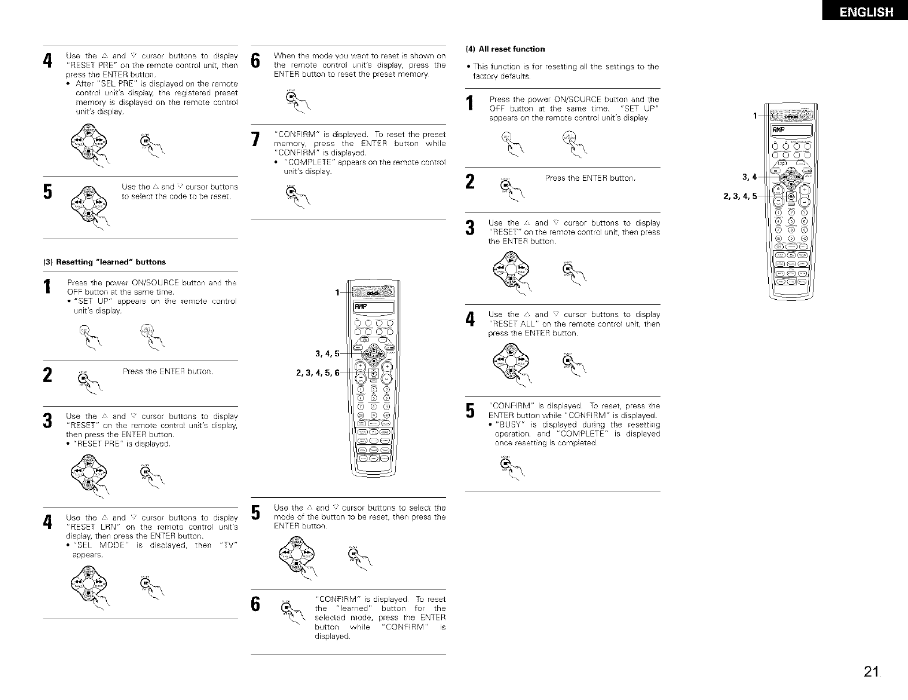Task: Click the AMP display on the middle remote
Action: pyautogui.click(x=370, y=307)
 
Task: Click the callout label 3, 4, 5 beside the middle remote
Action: pyautogui.click(x=326, y=353)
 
